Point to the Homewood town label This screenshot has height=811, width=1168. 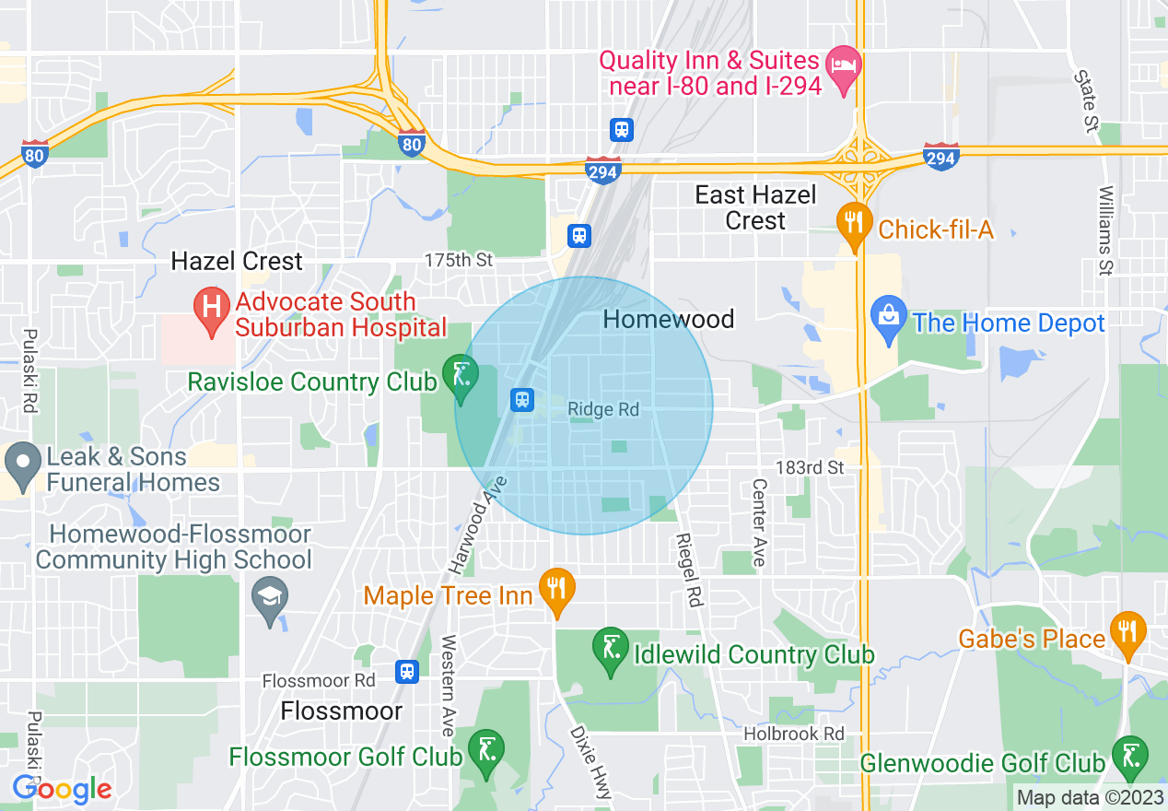[668, 319]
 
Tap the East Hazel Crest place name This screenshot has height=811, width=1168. [755, 207]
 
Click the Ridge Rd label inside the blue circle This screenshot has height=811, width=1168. [603, 410]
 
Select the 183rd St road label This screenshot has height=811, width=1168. [809, 467]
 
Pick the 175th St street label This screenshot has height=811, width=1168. [458, 261]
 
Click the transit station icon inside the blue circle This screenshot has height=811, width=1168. [522, 399]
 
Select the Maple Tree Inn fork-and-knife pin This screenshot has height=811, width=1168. [557, 589]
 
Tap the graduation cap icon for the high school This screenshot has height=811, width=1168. [270, 597]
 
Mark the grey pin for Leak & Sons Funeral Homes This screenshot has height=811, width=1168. [21, 464]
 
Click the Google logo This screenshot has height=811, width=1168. [62, 789]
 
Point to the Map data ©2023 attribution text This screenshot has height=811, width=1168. [1089, 797]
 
